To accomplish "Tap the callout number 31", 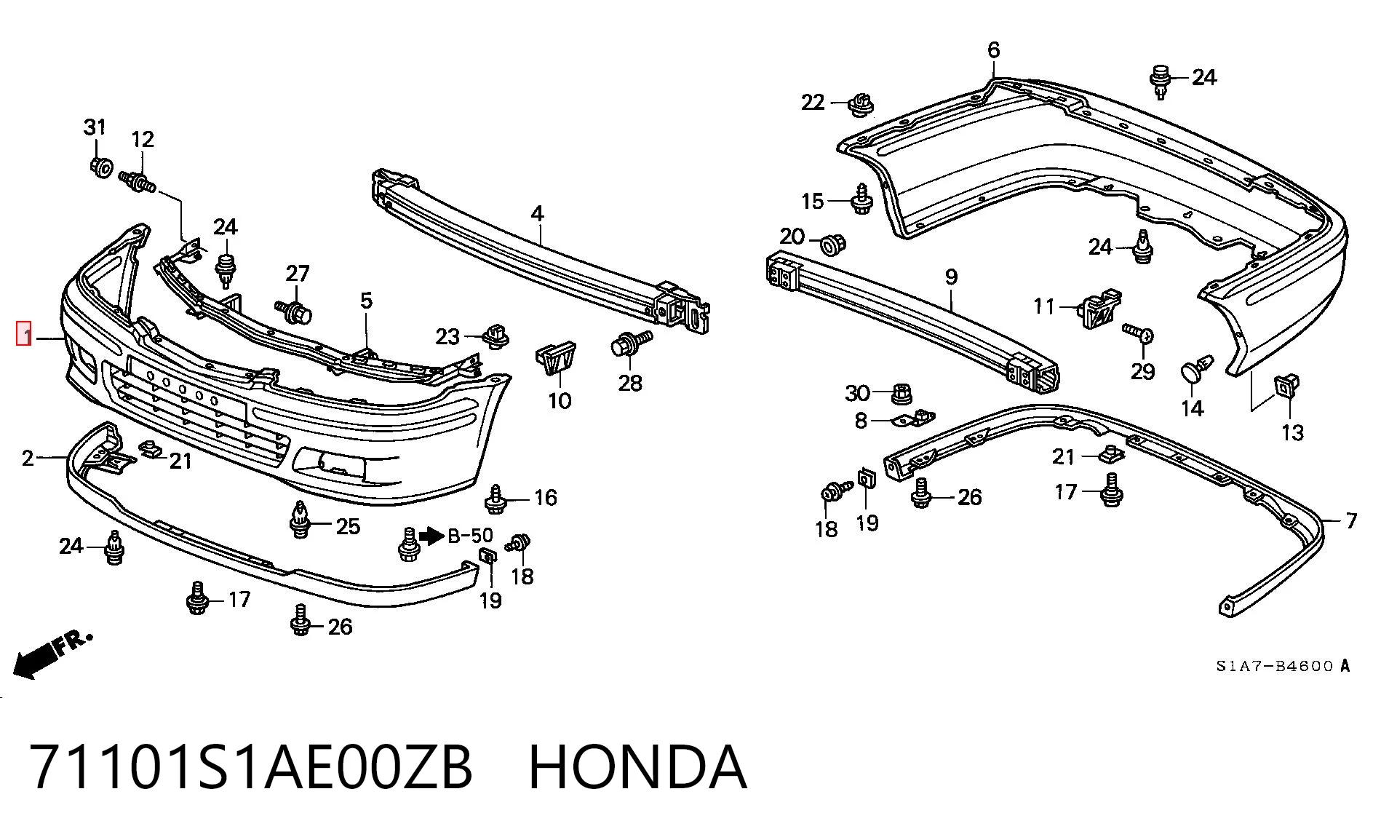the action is [x=95, y=127].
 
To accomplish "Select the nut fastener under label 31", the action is [x=101, y=167].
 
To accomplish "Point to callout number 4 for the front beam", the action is [x=537, y=213].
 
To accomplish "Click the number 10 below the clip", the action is [x=560, y=400].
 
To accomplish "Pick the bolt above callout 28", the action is [x=630, y=343].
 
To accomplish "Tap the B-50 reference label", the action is [x=471, y=536].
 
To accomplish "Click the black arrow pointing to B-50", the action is [x=432, y=536].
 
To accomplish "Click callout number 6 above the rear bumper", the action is [x=993, y=50].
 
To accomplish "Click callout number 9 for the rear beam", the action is [x=951, y=277].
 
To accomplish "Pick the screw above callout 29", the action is [x=1137, y=333].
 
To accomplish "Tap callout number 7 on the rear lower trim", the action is [x=1351, y=520].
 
